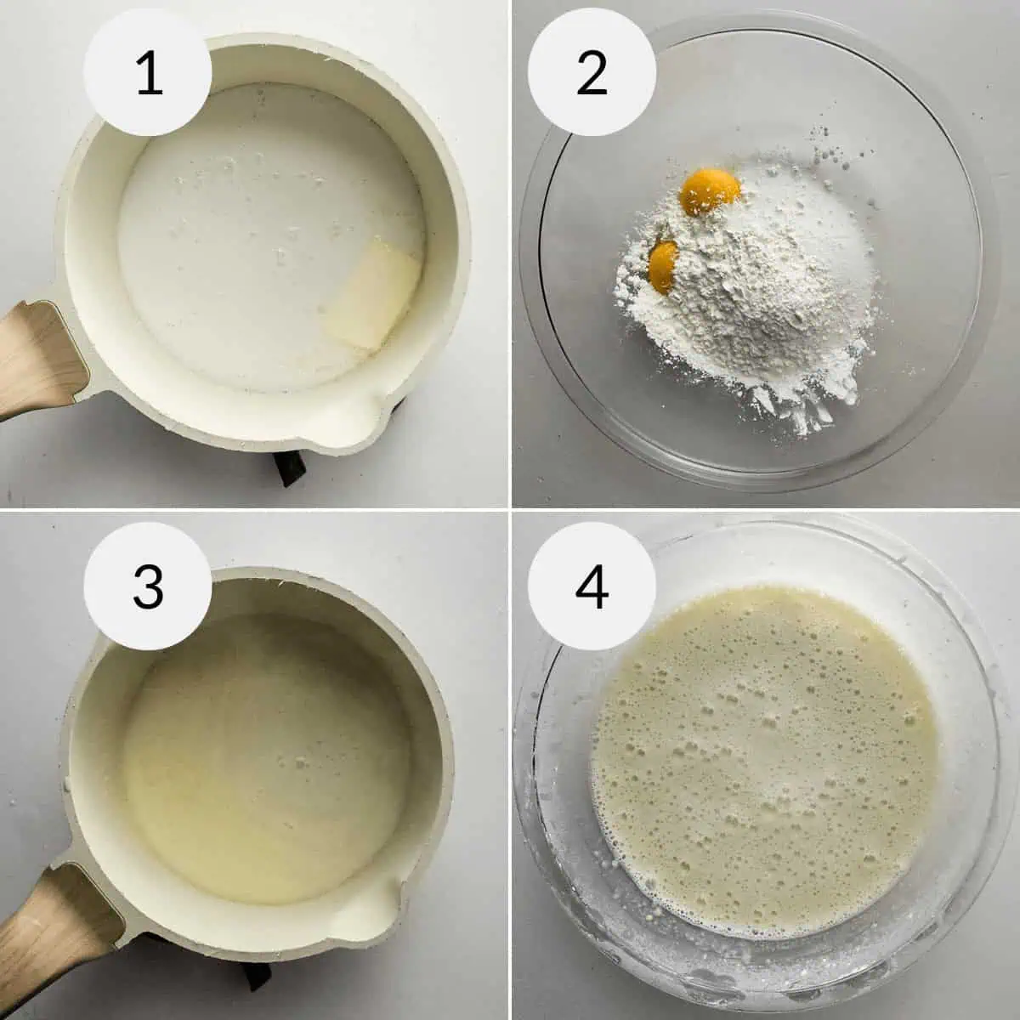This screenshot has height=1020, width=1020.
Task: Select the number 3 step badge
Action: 149,586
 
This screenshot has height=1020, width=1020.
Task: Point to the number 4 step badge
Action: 592,586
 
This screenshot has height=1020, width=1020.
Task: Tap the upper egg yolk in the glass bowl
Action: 711,189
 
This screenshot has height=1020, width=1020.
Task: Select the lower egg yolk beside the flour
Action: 663,265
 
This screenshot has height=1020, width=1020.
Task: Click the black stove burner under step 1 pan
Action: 289,467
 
